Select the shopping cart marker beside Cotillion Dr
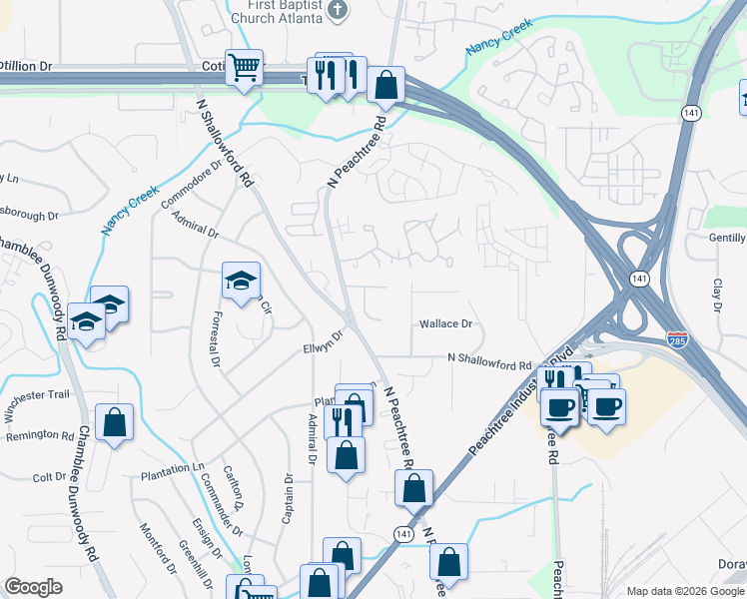pos(244,69)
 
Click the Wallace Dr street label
pos(445,323)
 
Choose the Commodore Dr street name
pos(210,169)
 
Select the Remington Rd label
pos(40,435)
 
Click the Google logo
pos(33,587)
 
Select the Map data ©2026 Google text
pos(685,591)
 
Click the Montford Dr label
pos(157,549)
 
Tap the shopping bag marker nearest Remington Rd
pos(115,422)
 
